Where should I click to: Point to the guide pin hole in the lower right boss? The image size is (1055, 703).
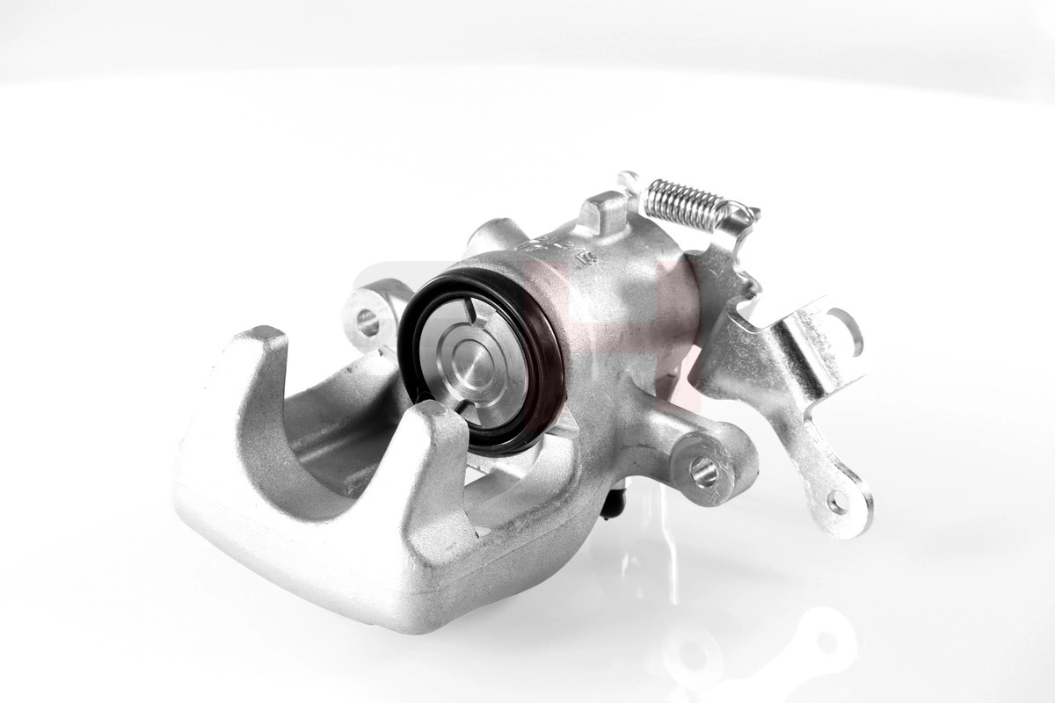(703, 473)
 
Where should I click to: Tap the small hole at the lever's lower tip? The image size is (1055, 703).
(838, 502)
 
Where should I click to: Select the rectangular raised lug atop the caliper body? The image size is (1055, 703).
(604, 212)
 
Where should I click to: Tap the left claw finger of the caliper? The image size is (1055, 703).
(233, 413)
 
